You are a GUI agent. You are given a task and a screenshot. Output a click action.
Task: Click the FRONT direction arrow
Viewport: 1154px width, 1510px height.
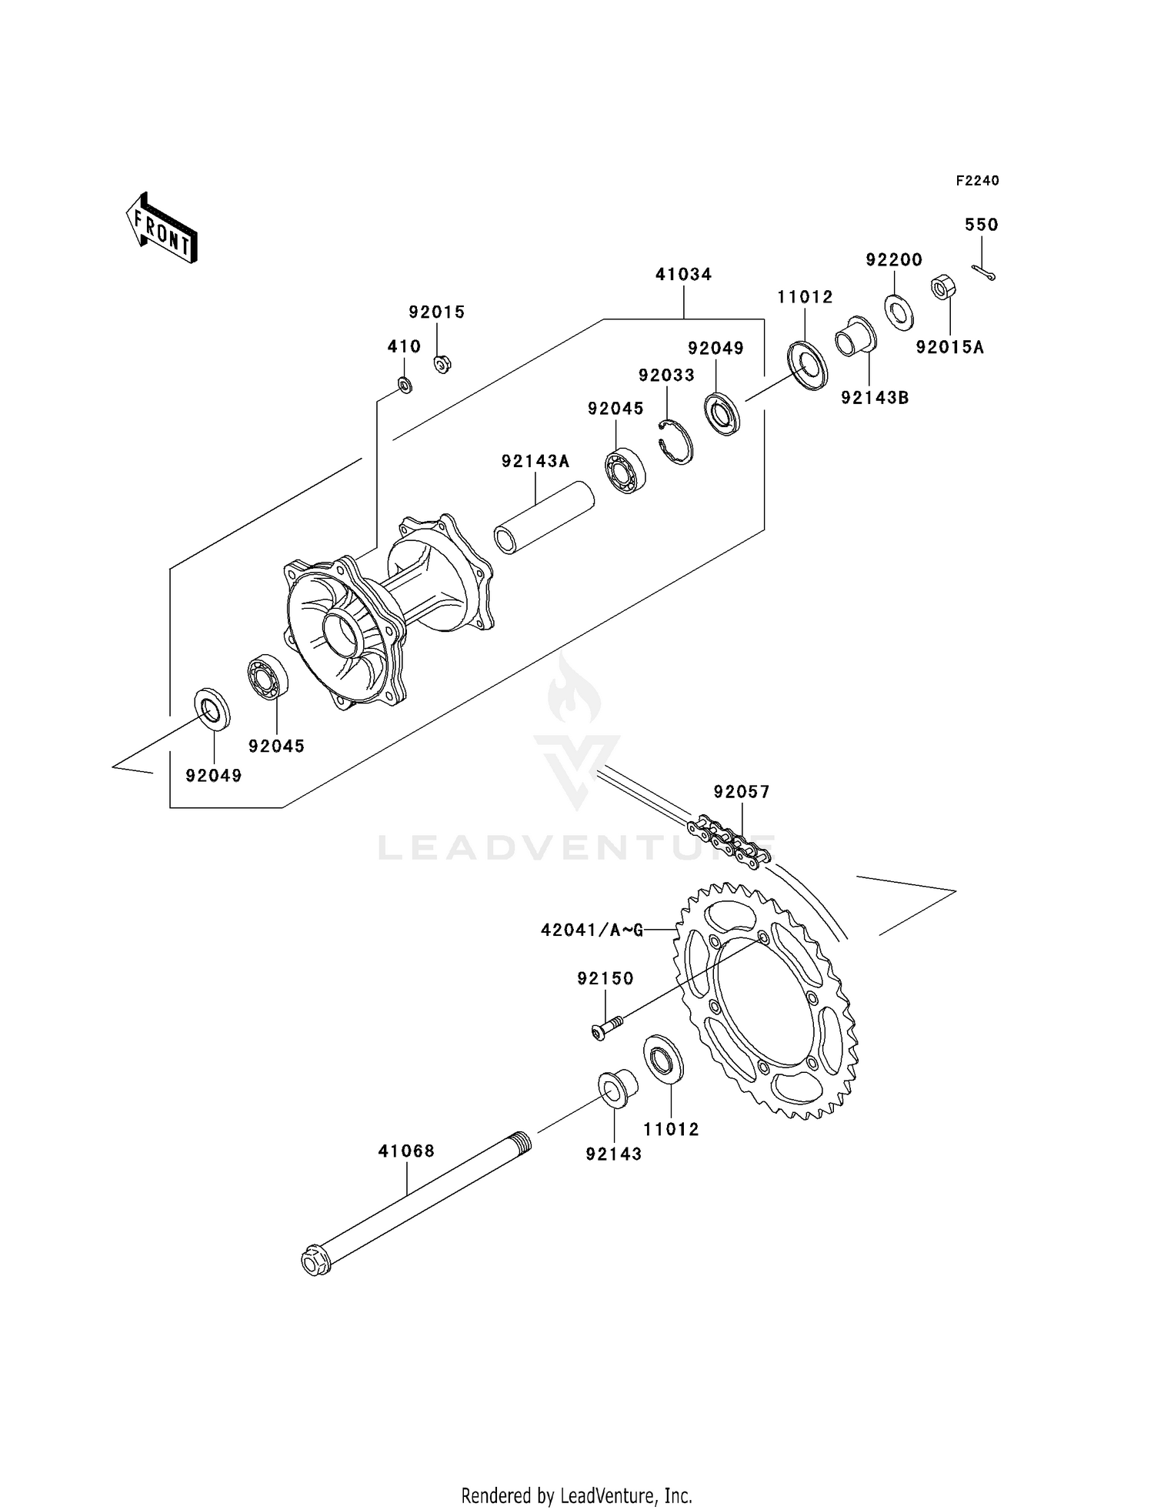162,229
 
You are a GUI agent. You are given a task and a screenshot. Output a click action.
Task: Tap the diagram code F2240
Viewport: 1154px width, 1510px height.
977,181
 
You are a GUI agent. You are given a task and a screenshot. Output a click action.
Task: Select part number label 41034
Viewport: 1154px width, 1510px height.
683,274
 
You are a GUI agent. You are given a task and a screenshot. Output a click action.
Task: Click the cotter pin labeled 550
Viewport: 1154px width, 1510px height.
983,272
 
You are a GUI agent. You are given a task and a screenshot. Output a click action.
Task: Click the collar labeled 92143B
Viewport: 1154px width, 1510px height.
855,337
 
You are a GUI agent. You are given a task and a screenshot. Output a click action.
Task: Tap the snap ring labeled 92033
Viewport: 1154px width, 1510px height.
677,442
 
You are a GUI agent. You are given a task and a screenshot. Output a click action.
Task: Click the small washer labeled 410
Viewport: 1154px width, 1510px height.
405,384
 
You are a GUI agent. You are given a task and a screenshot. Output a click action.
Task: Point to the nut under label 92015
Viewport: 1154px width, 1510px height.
442,363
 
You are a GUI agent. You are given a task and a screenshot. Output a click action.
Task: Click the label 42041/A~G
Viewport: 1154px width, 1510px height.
592,930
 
